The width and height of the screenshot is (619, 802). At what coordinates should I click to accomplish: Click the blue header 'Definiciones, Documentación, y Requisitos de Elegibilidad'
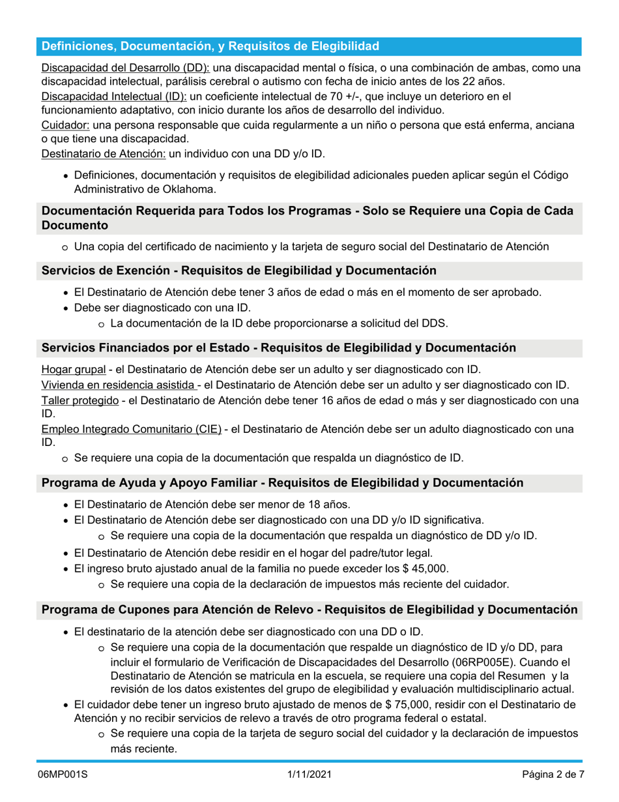[x=210, y=46]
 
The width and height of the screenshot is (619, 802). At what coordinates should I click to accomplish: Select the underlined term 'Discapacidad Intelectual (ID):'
[x=114, y=97]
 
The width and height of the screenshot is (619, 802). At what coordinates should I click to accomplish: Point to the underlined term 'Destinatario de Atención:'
[x=104, y=154]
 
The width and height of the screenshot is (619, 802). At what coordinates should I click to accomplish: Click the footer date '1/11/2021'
[x=309, y=775]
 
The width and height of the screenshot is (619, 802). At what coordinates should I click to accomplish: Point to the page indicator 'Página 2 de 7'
[x=553, y=775]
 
